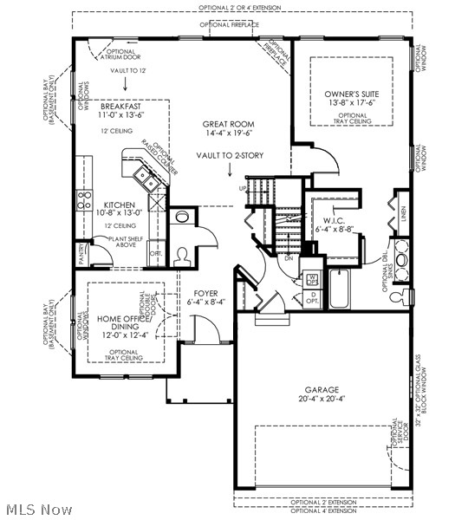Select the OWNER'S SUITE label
pos(352,93)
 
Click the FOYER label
pos(205,293)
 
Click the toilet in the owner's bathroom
pos(400,298)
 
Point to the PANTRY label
pos(81,253)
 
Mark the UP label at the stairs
pos(243,188)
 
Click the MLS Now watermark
pos(38,510)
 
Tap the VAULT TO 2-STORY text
pos(230,155)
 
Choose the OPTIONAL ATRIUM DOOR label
pos(120,55)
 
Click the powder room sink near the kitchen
pos(182,217)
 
